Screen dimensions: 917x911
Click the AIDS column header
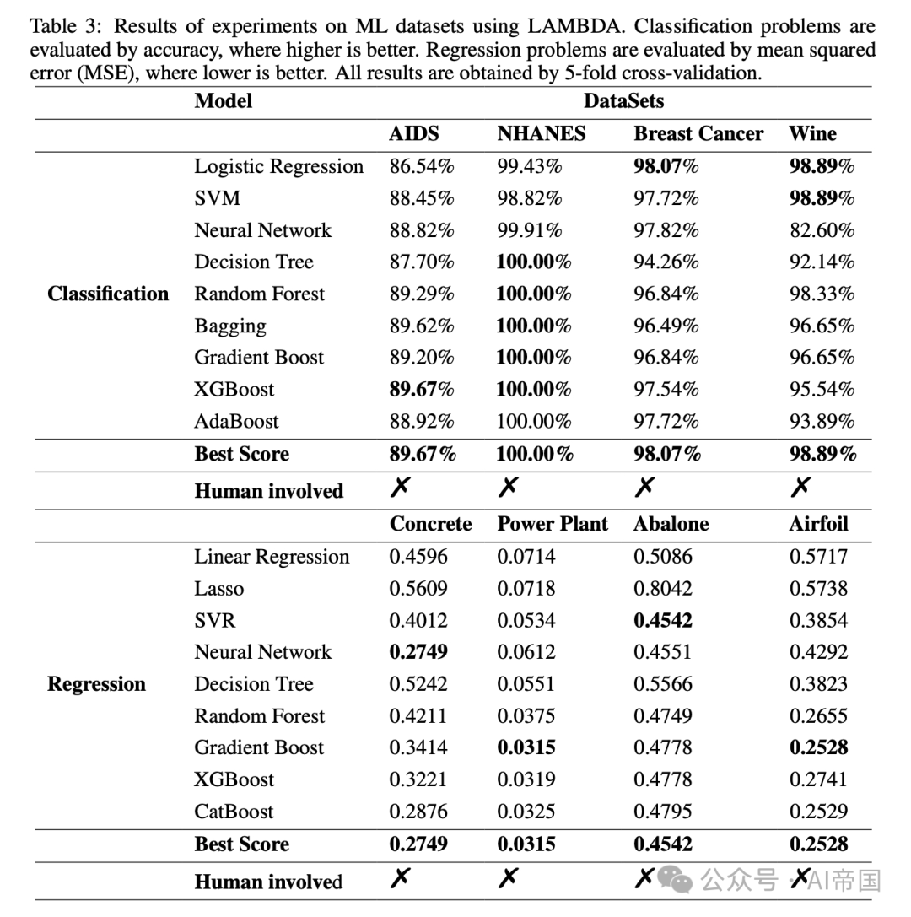[x=413, y=134]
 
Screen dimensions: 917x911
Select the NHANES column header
[x=541, y=134]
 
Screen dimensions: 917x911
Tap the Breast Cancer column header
[x=698, y=134]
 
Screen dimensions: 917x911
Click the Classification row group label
[x=108, y=294]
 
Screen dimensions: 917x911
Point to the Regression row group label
[x=96, y=684]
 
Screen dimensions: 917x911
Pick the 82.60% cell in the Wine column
[x=822, y=230]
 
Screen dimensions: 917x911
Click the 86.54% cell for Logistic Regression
[x=422, y=166]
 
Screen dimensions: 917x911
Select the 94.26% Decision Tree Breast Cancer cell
[x=666, y=262]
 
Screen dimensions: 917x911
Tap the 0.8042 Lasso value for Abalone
[x=663, y=589]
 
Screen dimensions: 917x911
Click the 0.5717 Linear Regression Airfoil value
[x=818, y=557]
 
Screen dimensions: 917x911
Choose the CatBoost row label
[x=234, y=812]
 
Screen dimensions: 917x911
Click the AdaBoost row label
[x=236, y=421]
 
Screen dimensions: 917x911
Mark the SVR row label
[x=215, y=621]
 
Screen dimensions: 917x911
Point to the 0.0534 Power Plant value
[x=526, y=621]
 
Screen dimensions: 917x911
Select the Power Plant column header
[x=553, y=524]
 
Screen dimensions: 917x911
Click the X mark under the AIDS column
[x=401, y=487]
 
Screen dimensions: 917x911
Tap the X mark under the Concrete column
[x=401, y=879]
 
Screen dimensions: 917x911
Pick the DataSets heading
[x=623, y=101]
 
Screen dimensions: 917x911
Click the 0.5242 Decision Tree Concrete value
[x=418, y=684]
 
